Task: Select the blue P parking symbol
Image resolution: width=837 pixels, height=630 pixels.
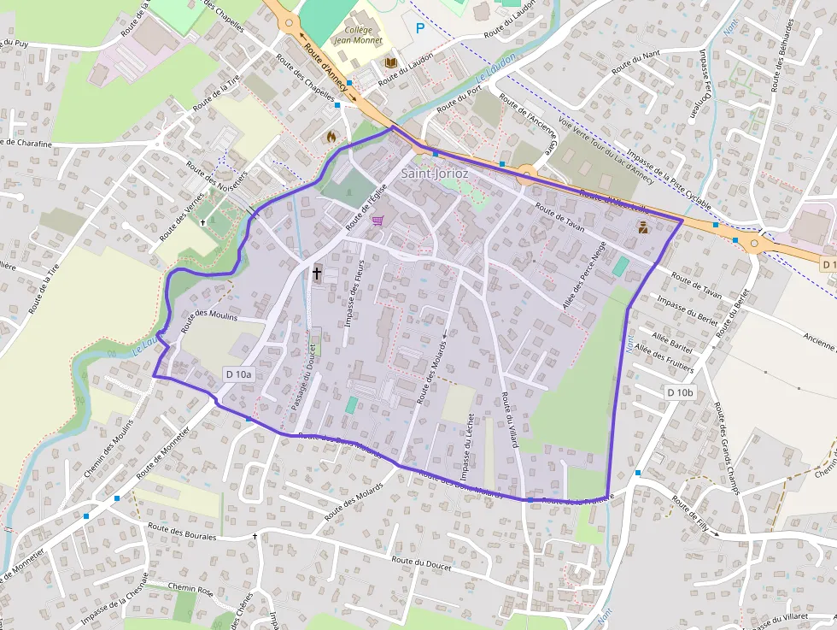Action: (419, 28)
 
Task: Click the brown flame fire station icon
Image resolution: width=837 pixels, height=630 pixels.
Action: (331, 136)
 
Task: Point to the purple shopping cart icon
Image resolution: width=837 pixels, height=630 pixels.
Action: (377, 220)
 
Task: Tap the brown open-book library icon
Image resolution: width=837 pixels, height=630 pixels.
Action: (391, 62)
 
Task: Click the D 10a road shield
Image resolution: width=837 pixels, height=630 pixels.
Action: (239, 374)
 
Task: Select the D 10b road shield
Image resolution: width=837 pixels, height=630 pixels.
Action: (681, 392)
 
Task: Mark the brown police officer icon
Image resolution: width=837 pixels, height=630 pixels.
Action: (642, 227)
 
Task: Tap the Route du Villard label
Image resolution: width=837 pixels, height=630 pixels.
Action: (510, 419)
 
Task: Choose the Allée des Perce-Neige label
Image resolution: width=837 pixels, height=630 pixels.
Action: (584, 276)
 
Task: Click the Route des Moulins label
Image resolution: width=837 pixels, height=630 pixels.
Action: (210, 316)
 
